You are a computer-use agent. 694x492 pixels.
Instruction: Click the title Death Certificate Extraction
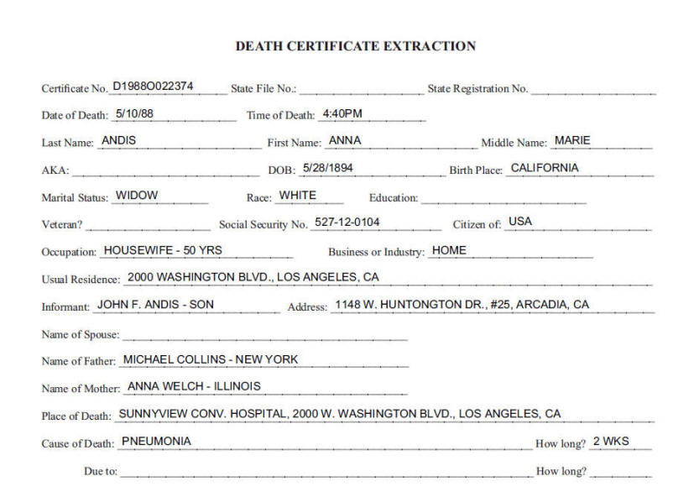355,46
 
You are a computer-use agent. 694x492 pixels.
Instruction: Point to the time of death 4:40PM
342,113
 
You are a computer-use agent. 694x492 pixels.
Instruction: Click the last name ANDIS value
118,140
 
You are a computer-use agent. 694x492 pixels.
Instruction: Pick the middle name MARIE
573,140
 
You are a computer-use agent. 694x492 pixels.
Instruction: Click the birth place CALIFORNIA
545,167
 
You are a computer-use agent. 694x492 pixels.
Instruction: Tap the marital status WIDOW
137,195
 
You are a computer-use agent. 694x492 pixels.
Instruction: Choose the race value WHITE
298,195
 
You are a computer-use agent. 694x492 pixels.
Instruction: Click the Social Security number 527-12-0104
347,222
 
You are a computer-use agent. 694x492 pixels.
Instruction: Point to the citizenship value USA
520,222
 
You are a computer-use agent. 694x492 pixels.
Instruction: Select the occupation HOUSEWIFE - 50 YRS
163,249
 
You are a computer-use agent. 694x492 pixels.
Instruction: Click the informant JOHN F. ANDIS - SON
156,304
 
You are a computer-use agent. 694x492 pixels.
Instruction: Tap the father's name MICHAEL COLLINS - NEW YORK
211,359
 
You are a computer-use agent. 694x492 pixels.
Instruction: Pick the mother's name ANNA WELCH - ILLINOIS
194,386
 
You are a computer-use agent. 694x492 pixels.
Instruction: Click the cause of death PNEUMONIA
156,441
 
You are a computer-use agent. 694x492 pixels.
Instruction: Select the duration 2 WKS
611,441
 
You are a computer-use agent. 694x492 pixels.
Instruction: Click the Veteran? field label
61,225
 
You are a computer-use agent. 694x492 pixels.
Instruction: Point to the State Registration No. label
477,89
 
